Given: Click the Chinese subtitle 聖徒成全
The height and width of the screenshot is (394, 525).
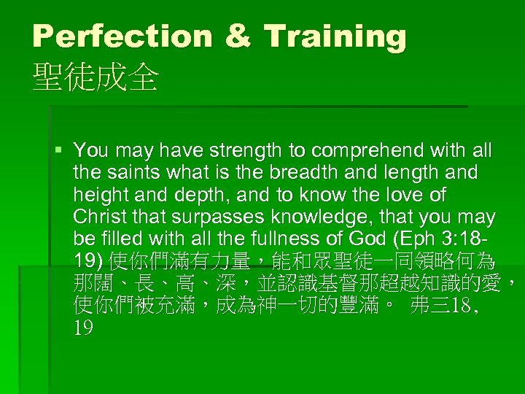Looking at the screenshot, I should click(x=96, y=77).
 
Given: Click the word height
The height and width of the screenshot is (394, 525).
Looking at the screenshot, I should click(x=98, y=196).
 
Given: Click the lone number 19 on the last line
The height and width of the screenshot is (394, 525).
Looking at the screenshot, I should click(x=83, y=328).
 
